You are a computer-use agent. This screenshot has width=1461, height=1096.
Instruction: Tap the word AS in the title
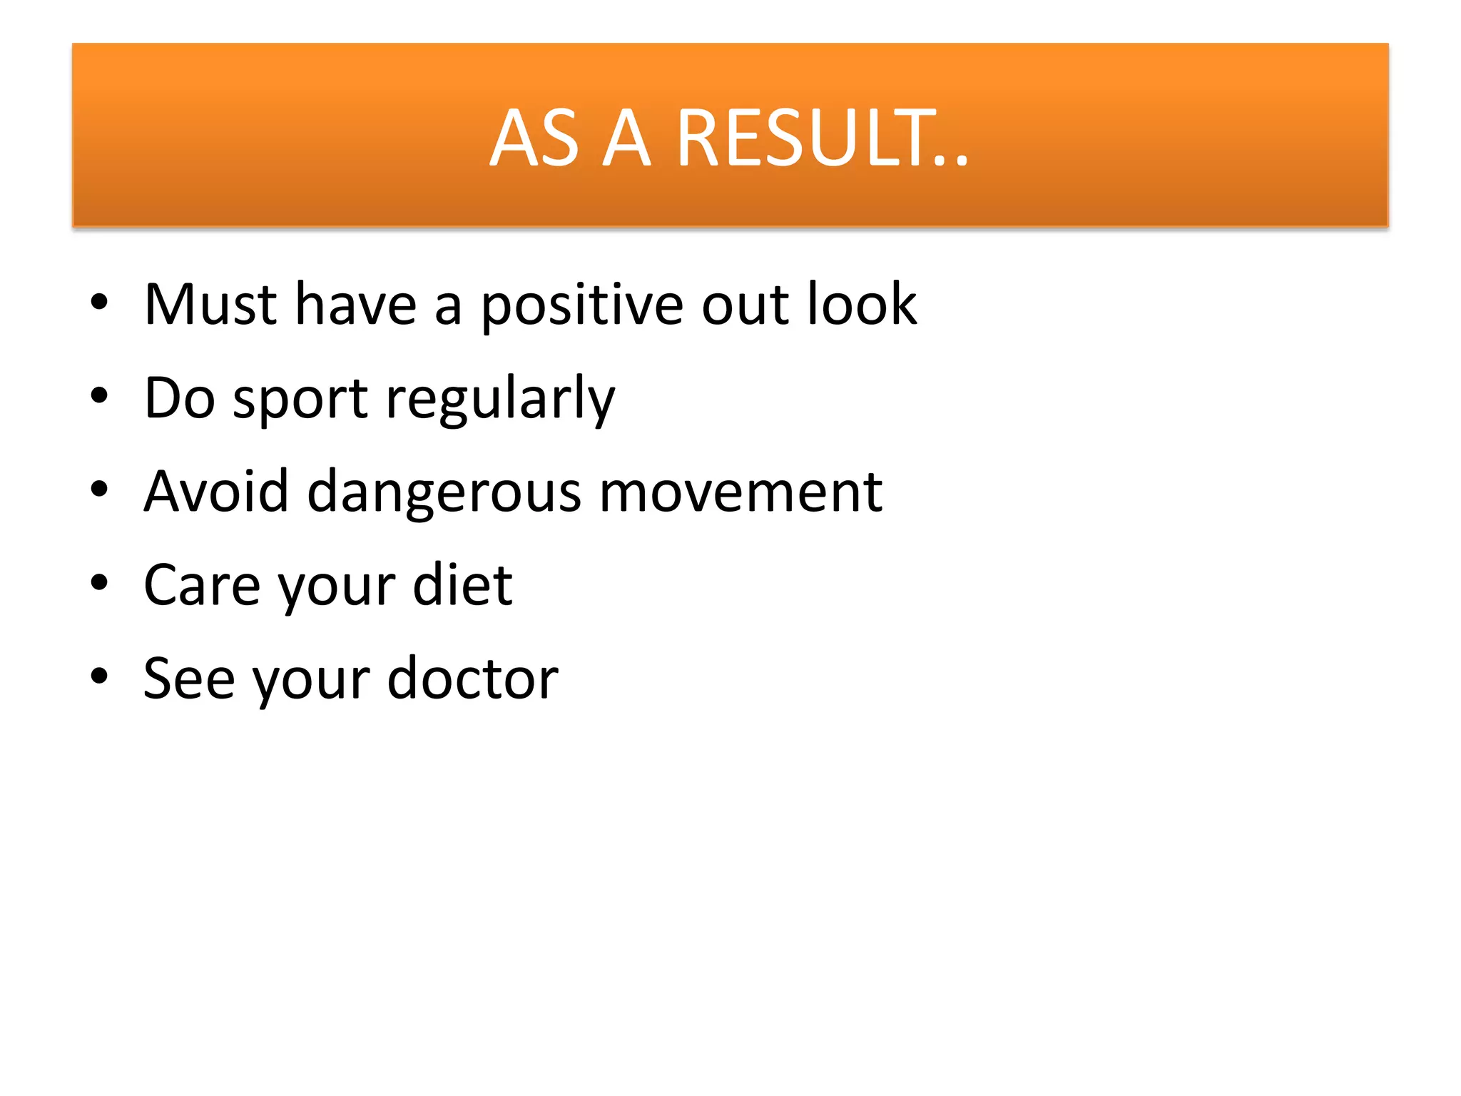[x=534, y=138]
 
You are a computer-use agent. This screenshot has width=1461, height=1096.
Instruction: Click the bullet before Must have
[x=99, y=303]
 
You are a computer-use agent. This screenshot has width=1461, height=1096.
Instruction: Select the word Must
[x=210, y=305]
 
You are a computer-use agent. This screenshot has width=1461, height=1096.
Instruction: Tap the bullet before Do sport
[x=99, y=395]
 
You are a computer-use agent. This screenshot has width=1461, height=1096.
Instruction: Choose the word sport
[x=300, y=400]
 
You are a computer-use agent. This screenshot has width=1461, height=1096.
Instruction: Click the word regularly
[x=500, y=400]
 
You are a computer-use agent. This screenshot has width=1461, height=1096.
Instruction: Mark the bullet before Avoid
[x=99, y=489]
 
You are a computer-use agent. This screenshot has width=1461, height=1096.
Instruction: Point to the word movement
[x=740, y=493]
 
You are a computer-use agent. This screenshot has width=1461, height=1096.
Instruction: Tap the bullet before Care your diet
[x=99, y=583]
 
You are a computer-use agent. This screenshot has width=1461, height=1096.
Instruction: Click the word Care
[x=202, y=586]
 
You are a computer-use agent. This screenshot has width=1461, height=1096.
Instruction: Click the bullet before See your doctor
[x=99, y=676]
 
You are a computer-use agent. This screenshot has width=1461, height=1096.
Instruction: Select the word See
[x=188, y=679]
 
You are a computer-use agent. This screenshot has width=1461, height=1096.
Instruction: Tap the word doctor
[x=472, y=679]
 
